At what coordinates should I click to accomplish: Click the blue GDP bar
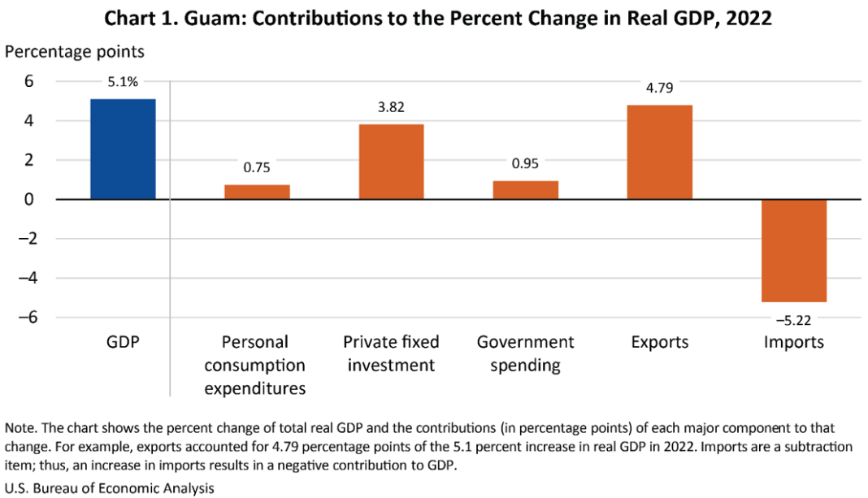pyautogui.click(x=123, y=149)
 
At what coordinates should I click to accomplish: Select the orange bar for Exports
pyautogui.click(x=659, y=153)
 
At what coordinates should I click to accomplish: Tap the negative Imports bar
pyautogui.click(x=793, y=250)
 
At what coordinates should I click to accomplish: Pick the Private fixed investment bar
pyautogui.click(x=391, y=162)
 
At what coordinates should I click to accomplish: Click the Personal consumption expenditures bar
pyautogui.click(x=257, y=193)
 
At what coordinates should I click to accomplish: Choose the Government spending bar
pyautogui.click(x=525, y=190)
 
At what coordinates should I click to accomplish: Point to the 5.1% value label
pyautogui.click(x=123, y=81)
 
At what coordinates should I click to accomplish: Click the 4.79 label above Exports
pyautogui.click(x=659, y=88)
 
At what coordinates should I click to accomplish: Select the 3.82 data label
pyautogui.click(x=391, y=106)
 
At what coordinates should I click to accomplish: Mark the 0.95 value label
pyautogui.click(x=525, y=163)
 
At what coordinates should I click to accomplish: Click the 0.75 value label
pyautogui.click(x=257, y=167)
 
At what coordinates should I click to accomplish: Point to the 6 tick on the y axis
pyautogui.click(x=28, y=81)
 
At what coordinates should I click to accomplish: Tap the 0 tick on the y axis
pyautogui.click(x=28, y=200)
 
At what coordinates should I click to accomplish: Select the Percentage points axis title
pyautogui.click(x=75, y=51)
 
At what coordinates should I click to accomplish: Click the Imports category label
pyautogui.click(x=793, y=342)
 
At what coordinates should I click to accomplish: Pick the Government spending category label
pyautogui.click(x=525, y=353)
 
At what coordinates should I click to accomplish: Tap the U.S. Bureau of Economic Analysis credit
pyautogui.click(x=110, y=488)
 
